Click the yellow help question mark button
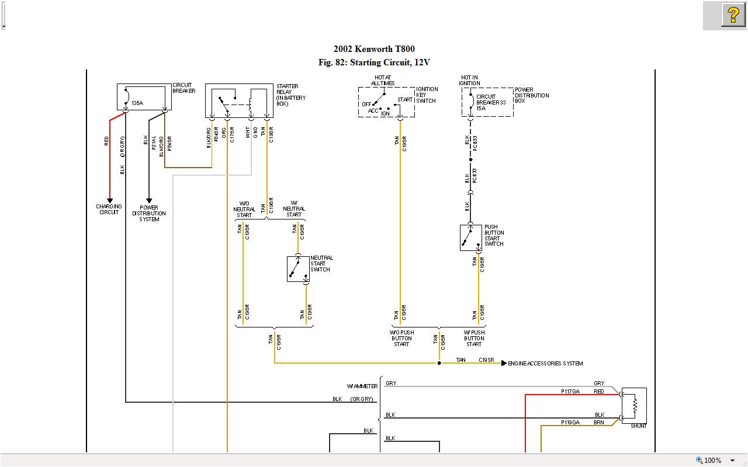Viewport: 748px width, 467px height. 733,15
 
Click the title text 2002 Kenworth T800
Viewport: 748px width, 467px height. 374,49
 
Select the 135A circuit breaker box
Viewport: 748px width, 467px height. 144,97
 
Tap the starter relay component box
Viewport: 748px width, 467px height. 239,100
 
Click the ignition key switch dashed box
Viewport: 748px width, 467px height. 386,103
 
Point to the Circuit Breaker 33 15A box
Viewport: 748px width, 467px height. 487,102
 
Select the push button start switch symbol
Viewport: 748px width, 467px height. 470,238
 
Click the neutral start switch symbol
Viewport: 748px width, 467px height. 298,269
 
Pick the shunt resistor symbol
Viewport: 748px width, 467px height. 634,405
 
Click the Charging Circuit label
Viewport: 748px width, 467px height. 109,210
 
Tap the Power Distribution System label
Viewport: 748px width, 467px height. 149,213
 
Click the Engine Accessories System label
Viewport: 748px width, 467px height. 545,364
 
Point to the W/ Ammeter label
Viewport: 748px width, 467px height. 362,386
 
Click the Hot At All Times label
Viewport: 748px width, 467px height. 383,81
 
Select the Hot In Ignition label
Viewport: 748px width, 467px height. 469,81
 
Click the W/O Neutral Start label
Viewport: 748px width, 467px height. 244,209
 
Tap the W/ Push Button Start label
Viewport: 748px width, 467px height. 474,339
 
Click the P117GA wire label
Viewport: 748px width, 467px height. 570,392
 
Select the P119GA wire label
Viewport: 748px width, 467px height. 570,422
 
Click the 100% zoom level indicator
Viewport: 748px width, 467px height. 712,460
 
